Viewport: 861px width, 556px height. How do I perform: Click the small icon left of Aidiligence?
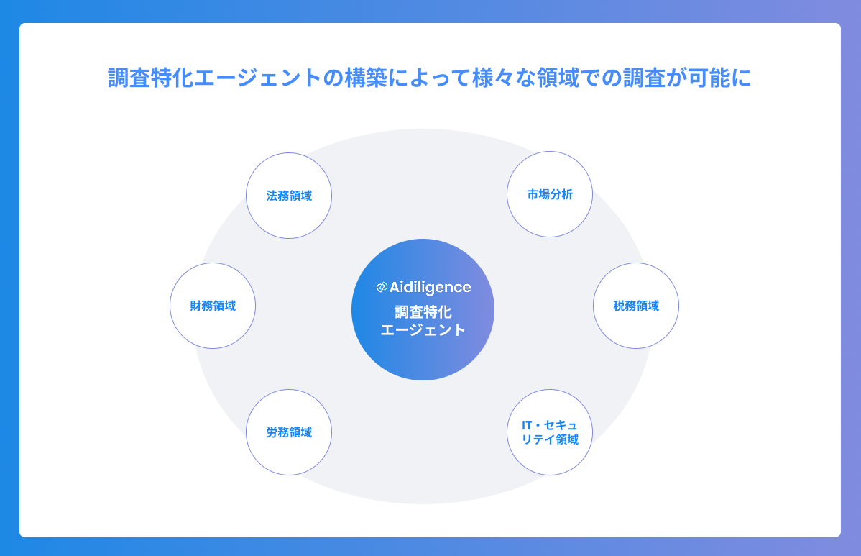coord(382,288)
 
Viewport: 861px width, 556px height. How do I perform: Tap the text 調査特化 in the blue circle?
coord(423,313)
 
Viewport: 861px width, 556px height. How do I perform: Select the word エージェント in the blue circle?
coord(423,331)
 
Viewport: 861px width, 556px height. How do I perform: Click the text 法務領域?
coord(289,196)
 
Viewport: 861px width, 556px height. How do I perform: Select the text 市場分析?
coord(550,195)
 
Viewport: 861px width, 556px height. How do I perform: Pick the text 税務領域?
coord(636,306)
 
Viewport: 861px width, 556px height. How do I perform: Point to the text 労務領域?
coord(289,433)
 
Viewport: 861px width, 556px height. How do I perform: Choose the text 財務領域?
coord(213,306)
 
